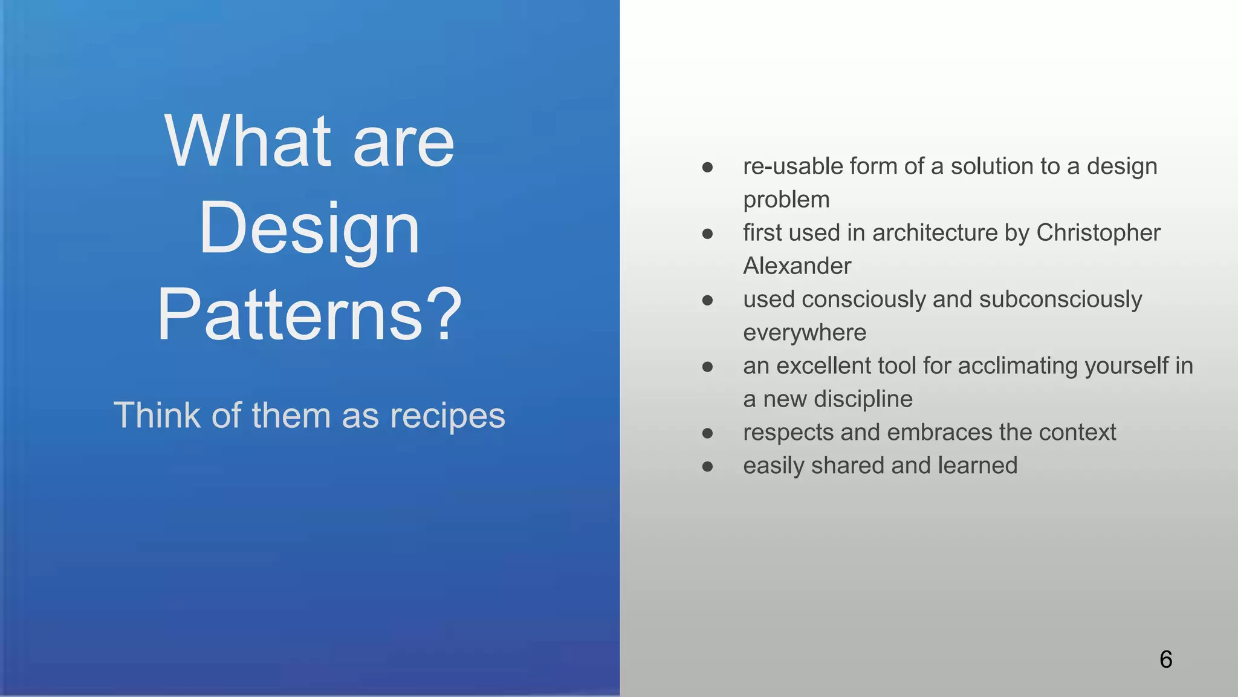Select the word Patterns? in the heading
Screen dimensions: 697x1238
pyautogui.click(x=309, y=315)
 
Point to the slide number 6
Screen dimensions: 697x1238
pyautogui.click(x=1165, y=659)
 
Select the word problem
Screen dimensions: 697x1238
pyautogui.click(x=786, y=200)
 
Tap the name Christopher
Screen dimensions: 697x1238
pyautogui.click(x=1098, y=233)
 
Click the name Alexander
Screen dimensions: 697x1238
pyautogui.click(x=797, y=266)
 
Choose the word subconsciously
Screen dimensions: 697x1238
pyautogui.click(x=1060, y=299)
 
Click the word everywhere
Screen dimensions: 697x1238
pyautogui.click(x=805, y=333)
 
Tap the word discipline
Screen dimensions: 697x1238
pyautogui.click(x=863, y=399)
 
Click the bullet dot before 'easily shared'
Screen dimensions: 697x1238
pyautogui.click(x=707, y=466)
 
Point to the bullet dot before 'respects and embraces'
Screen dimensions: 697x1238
pyautogui.click(x=707, y=433)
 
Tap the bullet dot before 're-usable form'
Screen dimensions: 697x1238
pyautogui.click(x=707, y=167)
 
